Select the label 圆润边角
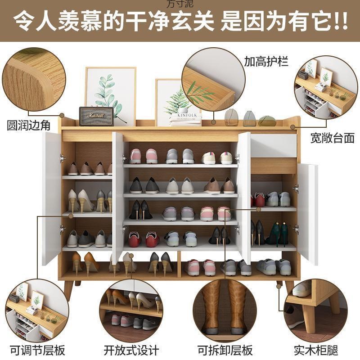point(28,125)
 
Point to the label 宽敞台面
point(332,137)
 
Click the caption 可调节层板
point(33,349)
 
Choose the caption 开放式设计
point(131,349)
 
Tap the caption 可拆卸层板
point(225,349)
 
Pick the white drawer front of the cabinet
point(274,146)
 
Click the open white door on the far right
point(308,211)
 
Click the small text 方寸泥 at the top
point(180,4)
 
